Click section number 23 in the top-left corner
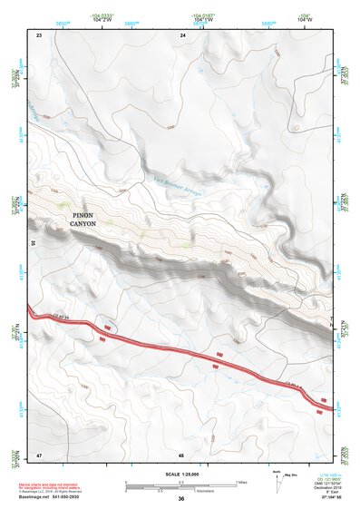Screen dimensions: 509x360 39,34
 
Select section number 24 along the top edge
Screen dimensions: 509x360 182,34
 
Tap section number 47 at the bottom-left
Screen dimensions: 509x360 39,454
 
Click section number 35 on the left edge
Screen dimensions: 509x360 34,243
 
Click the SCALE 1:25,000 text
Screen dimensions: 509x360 180,473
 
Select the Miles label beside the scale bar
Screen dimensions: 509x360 240,481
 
